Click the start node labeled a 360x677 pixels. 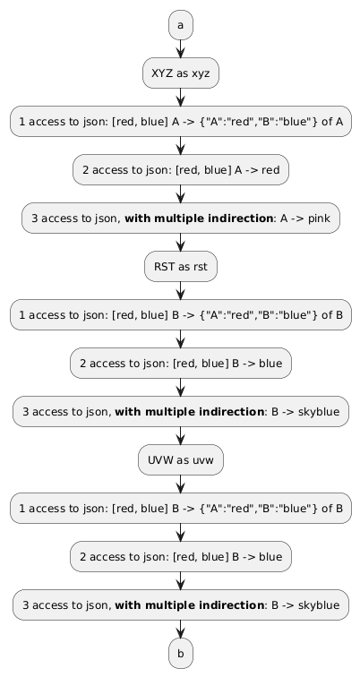tap(180, 25)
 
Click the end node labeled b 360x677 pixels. tap(180, 653)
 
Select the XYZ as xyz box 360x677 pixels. tap(181, 73)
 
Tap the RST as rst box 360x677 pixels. tap(181, 266)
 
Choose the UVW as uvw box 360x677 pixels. tap(181, 459)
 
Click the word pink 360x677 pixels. tap(319, 218)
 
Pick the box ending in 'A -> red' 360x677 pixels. tap(181, 169)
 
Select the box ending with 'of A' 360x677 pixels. tap(181, 121)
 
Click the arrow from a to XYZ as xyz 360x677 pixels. tap(180, 48)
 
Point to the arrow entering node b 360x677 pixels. tap(180, 629)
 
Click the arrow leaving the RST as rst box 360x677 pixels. tap(180, 290)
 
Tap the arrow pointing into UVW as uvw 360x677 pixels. tap(180, 435)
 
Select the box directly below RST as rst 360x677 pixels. tap(181, 314)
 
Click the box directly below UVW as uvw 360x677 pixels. tap(181, 508)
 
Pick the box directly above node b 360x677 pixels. tap(181, 604)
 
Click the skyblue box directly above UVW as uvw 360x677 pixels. tap(181, 411)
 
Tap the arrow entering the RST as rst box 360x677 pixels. tap(180, 242)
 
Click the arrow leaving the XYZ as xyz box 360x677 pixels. tap(180, 97)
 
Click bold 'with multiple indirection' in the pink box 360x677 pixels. tap(199, 218)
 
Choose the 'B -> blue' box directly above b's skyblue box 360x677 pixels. tap(181, 556)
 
